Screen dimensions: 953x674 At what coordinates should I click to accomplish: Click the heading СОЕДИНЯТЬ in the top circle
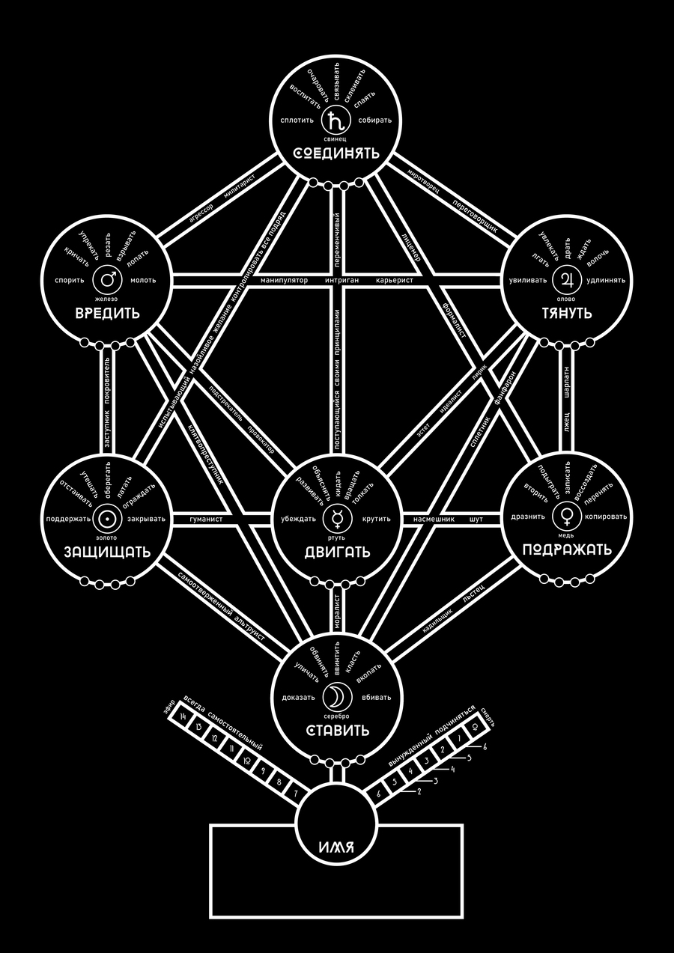pos(336,154)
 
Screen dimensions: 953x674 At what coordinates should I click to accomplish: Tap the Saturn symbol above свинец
pos(336,120)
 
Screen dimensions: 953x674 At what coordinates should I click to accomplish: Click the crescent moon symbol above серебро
pos(336,697)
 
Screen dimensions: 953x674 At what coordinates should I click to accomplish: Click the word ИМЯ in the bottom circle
pos(336,848)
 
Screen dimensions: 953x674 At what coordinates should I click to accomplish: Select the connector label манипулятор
pos(285,281)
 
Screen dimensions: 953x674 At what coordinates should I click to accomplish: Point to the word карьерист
pos(394,281)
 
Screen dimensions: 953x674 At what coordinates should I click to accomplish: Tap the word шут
pos(476,518)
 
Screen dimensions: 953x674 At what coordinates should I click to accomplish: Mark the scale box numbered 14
pos(180,716)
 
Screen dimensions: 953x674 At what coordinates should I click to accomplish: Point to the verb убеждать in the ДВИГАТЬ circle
pos(297,518)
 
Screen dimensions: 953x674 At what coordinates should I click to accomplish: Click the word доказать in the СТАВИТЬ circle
pos(298,698)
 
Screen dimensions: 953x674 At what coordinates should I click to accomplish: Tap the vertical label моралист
pos(337,609)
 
